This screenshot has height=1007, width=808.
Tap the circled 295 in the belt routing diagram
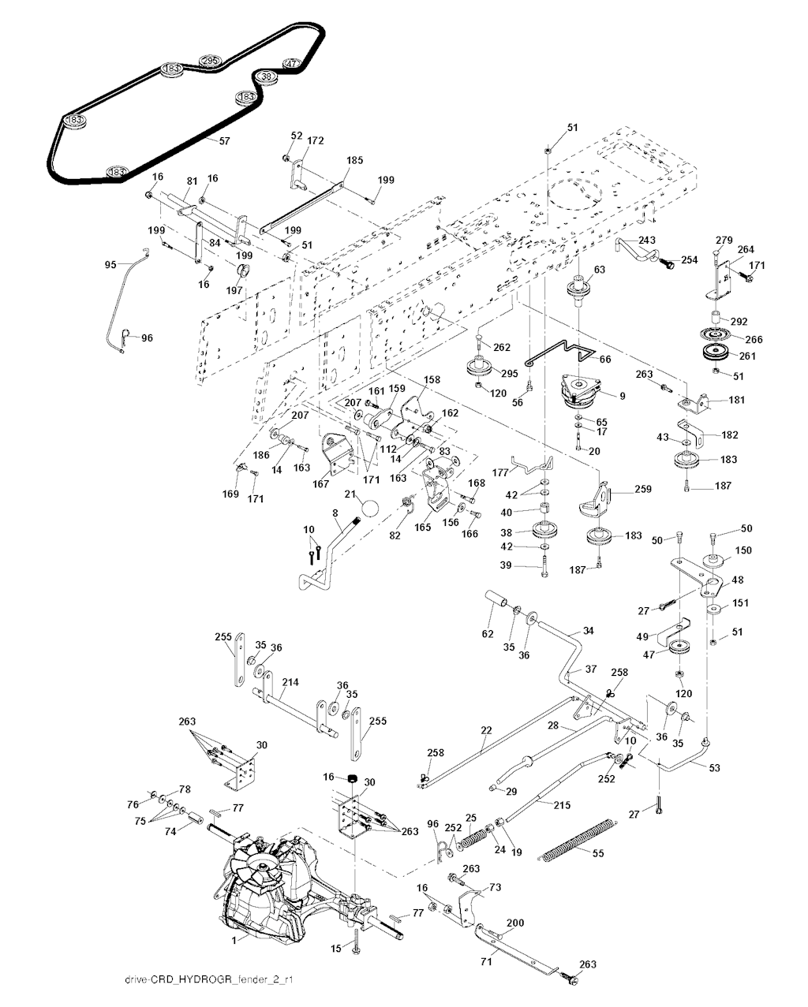[x=209, y=62]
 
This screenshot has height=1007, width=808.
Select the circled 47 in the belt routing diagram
[x=291, y=64]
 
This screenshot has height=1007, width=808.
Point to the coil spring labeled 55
[x=575, y=841]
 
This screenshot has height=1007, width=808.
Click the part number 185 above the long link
[x=354, y=161]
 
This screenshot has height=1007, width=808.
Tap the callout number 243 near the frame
[x=648, y=241]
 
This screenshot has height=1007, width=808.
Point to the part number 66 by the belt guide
[x=605, y=359]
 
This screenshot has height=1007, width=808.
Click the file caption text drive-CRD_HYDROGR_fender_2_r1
[x=204, y=980]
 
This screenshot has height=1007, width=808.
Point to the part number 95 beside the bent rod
[x=110, y=264]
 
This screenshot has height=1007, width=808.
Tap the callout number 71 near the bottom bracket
[x=485, y=961]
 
